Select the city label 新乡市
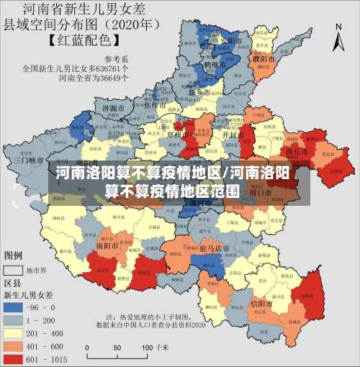click(199, 93)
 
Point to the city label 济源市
click(114, 108)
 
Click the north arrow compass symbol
click(338, 36)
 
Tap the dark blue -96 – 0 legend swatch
click(14, 306)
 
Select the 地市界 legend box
click(14, 271)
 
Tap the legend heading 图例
click(14, 255)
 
